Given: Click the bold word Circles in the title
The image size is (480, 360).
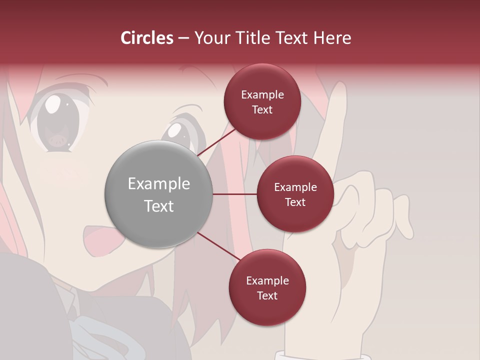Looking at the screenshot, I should coord(147,38).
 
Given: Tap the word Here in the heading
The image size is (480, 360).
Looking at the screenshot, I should coord(332,38).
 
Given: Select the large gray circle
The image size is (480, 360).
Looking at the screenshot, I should coord(159,194).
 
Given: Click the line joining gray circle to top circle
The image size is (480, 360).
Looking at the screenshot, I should coord(217,141).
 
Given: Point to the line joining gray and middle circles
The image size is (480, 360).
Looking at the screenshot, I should coord(234,194).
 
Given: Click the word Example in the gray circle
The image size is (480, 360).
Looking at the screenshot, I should coord(159,183).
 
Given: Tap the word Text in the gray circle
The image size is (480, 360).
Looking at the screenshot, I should coord(159,205).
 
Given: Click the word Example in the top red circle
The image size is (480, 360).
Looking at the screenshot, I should coord(262,94).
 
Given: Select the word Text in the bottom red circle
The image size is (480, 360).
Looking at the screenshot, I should coord(267,295).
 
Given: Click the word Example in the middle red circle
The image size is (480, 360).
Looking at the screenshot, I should coord(295,187).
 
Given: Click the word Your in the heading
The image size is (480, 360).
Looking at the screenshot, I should coord(210,38).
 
